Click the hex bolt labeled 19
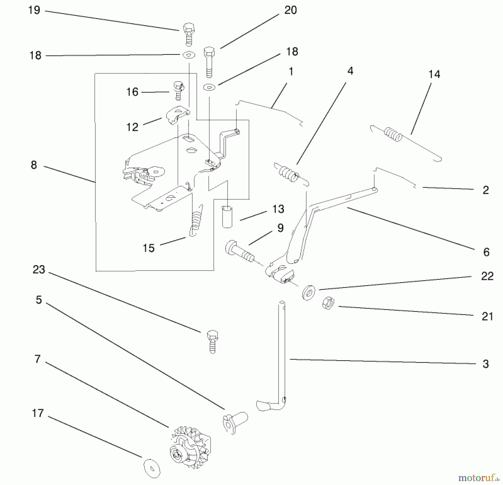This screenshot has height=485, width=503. click(189, 34)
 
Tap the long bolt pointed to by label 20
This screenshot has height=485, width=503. click(209, 62)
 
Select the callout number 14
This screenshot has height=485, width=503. click(434, 74)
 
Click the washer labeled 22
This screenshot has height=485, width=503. click(309, 293)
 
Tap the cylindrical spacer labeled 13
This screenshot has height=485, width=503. click(227, 217)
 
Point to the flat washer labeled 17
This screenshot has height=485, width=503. click(152, 468)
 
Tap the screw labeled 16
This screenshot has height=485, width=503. click(178, 90)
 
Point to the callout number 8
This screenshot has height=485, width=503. click(34, 165)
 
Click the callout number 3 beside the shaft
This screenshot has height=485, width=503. click(485, 364)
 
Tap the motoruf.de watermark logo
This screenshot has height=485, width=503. click(477, 477)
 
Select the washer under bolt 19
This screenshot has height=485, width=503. click(189, 55)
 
